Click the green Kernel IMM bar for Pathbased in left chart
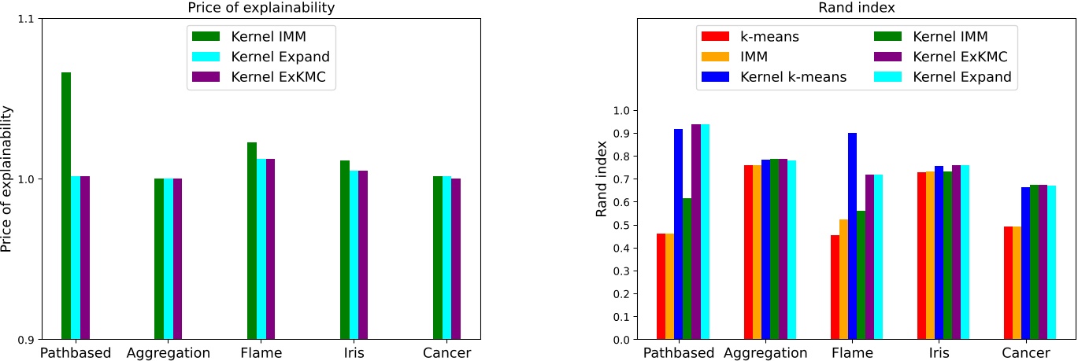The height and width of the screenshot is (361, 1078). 66,206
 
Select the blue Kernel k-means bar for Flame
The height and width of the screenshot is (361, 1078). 852,236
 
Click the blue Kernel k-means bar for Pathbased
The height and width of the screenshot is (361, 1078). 678,234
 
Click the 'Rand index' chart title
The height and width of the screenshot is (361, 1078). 856,8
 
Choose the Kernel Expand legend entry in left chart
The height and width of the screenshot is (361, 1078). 260,57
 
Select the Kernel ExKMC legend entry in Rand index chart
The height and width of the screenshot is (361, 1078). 942,57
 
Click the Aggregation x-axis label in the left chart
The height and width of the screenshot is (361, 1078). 168,353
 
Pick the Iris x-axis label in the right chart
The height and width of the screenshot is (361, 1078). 939,353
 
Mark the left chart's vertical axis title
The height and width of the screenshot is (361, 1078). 8,179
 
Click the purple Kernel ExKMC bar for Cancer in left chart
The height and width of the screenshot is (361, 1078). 456,259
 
